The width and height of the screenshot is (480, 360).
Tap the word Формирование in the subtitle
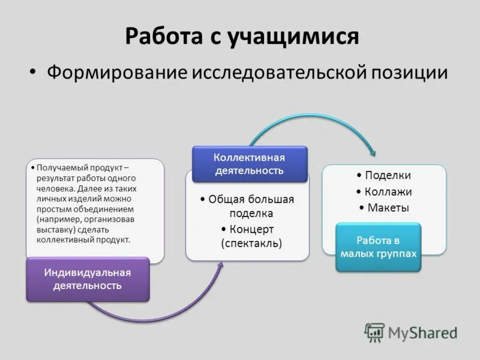coord(117,73)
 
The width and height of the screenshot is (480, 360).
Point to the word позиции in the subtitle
coord(410,73)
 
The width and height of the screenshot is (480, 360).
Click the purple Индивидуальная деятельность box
coord(88,279)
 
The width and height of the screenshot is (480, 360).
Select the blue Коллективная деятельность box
coord(250,164)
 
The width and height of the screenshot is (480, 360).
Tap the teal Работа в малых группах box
coord(378,247)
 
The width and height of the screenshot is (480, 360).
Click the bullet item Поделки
coord(388,176)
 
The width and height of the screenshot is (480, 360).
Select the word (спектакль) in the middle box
coord(251,243)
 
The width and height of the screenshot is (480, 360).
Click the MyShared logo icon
coord(374,332)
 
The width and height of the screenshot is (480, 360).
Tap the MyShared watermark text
coord(423,332)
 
